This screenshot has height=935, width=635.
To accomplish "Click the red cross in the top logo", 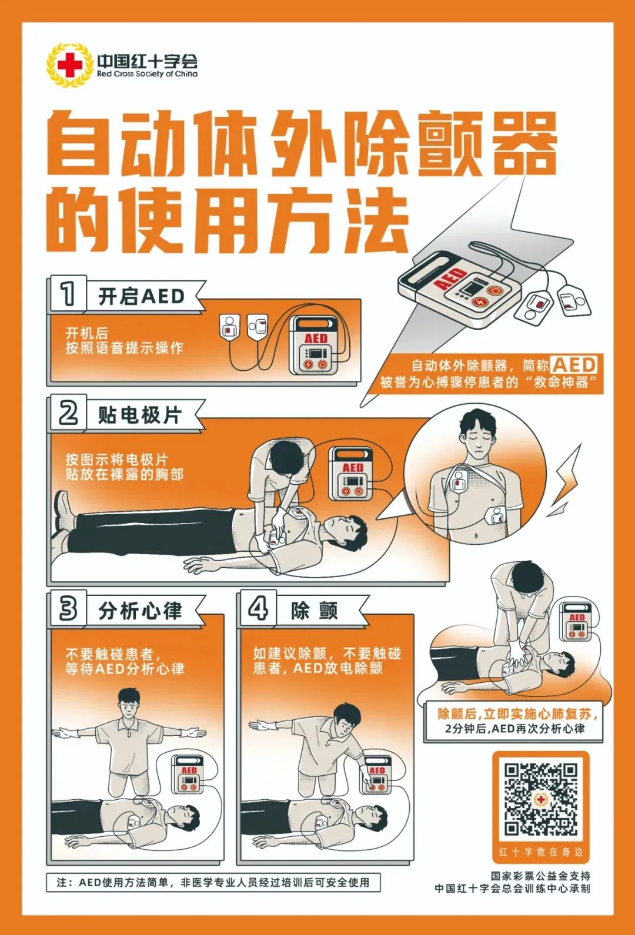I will (x=71, y=65).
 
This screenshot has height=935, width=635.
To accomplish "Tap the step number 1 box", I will (x=68, y=293).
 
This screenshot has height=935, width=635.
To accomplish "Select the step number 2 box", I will (x=68, y=413).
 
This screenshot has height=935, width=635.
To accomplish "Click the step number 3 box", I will (x=68, y=609).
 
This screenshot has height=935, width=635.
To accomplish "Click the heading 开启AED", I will (x=141, y=296).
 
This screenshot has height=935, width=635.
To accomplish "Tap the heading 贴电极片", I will (x=139, y=415).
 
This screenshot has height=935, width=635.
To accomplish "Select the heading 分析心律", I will (x=140, y=611).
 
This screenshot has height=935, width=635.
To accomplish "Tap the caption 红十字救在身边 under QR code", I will (x=540, y=852).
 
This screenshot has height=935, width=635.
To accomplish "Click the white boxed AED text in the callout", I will (x=574, y=365).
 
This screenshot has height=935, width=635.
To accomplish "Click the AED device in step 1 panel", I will (x=315, y=346).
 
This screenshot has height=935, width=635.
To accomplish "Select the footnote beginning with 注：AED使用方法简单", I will (x=213, y=882).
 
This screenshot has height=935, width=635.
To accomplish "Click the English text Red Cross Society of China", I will (x=147, y=75).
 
